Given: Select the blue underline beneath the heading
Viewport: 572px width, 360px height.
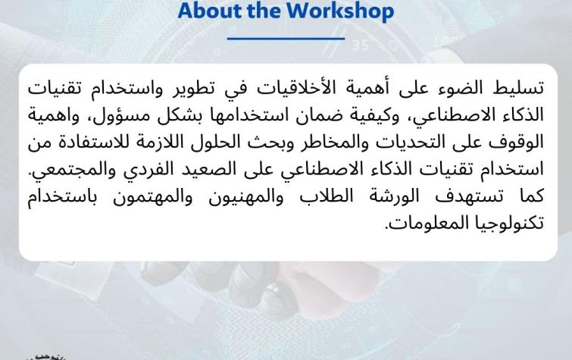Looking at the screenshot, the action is coord(286,38).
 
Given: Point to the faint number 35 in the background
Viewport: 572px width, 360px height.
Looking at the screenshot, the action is coord(361,45).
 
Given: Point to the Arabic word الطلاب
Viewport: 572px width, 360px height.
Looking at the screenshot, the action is coord(327,196).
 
